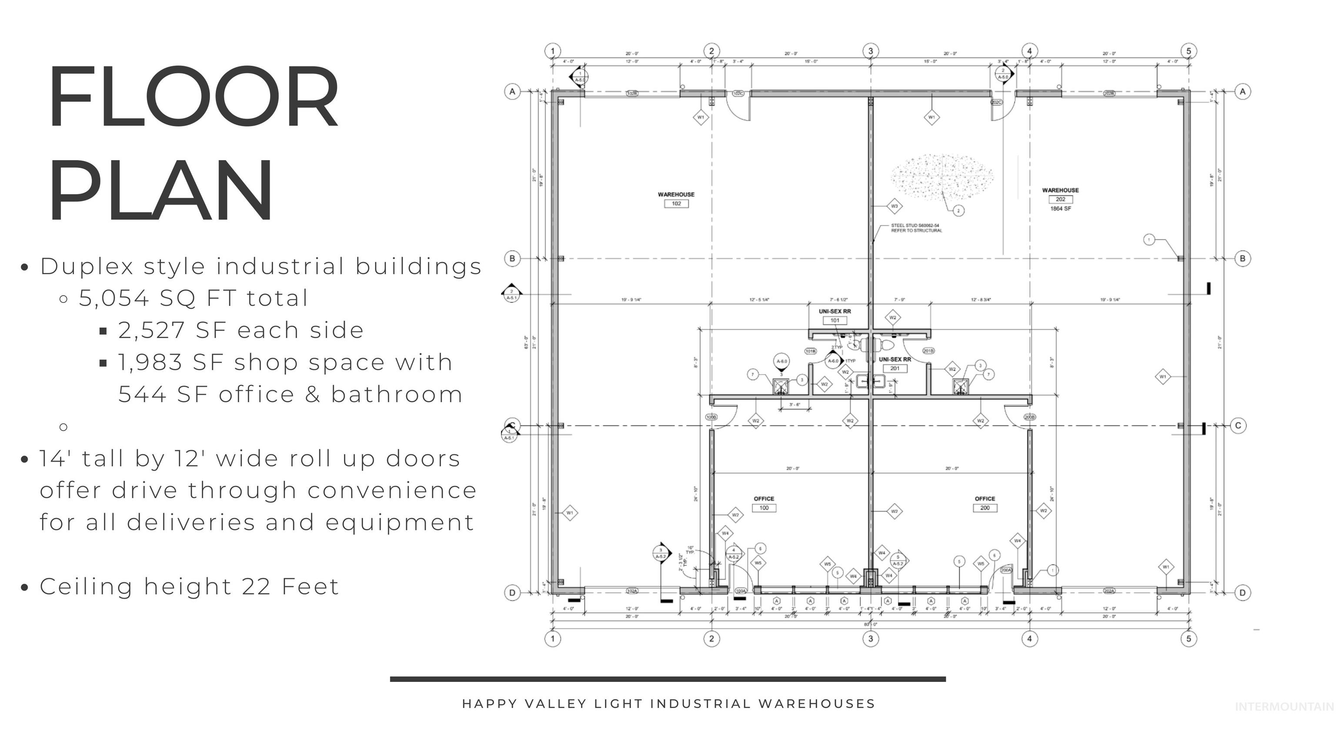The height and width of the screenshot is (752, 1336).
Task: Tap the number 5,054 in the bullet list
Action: (x=114, y=299)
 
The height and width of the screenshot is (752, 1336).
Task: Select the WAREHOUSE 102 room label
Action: (x=676, y=199)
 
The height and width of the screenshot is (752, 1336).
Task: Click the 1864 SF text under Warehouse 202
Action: (x=1060, y=208)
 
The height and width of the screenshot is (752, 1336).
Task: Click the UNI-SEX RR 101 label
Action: (x=835, y=316)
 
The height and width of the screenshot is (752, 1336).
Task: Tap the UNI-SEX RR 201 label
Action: (x=895, y=363)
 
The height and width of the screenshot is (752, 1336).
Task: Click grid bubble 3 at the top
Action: (x=870, y=51)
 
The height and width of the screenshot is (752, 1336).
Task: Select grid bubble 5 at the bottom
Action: (x=1188, y=638)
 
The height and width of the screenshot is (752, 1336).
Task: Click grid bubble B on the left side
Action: (x=512, y=258)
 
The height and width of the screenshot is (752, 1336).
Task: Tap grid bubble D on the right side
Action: (x=1242, y=592)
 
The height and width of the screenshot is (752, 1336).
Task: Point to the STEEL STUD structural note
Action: (x=916, y=228)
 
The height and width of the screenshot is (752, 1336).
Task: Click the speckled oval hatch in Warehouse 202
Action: (x=941, y=176)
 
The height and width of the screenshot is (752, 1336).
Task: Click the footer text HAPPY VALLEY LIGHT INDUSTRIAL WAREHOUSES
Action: (x=668, y=704)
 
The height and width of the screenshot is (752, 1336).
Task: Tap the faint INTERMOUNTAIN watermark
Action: (x=1284, y=706)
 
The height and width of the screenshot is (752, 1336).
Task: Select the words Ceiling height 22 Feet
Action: (x=189, y=587)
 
